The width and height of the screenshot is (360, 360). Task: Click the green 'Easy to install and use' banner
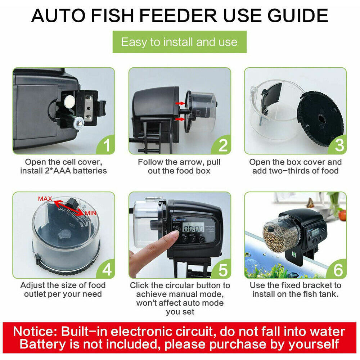click(x=180, y=42)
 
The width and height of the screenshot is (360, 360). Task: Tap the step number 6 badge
click(x=338, y=269)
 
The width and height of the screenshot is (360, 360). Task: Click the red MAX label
click(x=45, y=199)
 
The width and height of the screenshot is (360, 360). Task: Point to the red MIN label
click(x=91, y=213)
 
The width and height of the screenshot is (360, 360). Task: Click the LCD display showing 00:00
click(x=194, y=228)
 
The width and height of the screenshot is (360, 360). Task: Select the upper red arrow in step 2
click(x=180, y=104)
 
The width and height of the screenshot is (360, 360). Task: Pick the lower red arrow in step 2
click(x=180, y=119)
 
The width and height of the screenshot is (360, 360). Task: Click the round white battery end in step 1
click(x=69, y=101)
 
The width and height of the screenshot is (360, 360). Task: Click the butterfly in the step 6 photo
click(x=310, y=203)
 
